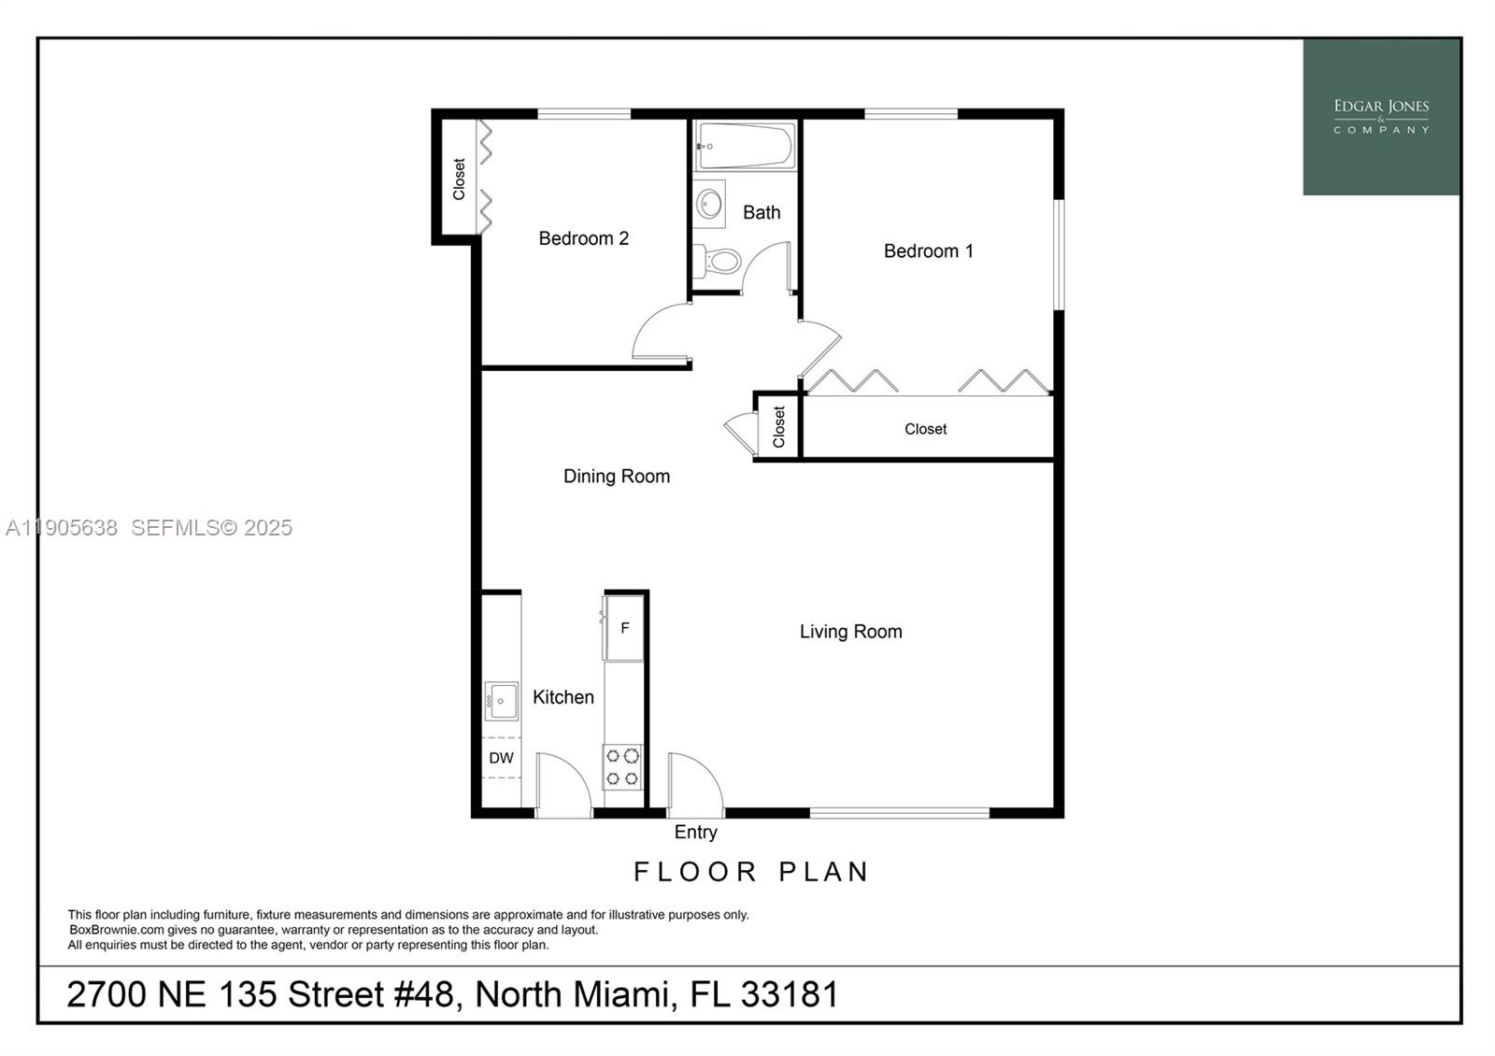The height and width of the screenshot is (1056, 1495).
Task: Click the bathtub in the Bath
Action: (x=745, y=146)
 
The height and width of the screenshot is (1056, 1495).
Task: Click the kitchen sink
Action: (x=501, y=701)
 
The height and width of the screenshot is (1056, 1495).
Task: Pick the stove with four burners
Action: (x=622, y=766)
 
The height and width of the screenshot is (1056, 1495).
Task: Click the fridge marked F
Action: (x=624, y=628)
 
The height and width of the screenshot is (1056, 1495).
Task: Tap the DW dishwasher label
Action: (x=501, y=758)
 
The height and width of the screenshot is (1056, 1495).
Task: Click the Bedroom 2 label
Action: (x=584, y=238)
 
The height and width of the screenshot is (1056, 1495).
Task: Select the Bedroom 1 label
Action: (x=929, y=250)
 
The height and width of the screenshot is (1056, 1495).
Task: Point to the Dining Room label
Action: (x=617, y=477)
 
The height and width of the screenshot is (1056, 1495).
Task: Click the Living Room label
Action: (x=850, y=632)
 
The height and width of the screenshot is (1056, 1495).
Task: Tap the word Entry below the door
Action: (x=696, y=832)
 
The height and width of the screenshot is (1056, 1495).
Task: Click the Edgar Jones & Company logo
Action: (x=1381, y=117)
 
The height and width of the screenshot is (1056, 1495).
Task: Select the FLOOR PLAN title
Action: (x=751, y=872)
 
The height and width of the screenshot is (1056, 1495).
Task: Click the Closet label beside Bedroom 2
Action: (x=459, y=178)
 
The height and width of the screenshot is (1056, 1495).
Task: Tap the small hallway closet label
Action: (x=778, y=427)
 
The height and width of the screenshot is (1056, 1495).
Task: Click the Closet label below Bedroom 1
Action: (x=925, y=429)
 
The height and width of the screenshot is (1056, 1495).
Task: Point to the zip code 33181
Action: (x=790, y=994)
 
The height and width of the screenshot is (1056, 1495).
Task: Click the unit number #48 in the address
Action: (x=426, y=994)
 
